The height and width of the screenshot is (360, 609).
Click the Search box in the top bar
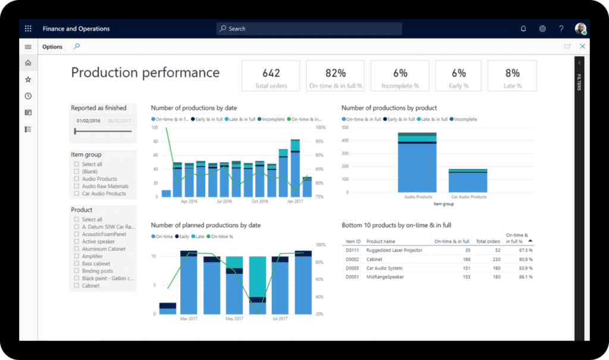tap(309, 29)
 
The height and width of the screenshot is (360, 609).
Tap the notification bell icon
tap(523, 29)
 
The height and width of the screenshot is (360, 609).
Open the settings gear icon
tap(542, 29)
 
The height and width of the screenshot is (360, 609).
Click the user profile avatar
tap(580, 29)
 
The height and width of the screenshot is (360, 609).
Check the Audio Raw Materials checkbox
tap(77, 186)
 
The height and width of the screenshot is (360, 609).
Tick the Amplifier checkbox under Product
tap(77, 256)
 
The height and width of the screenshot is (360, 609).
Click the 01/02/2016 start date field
tap(88, 121)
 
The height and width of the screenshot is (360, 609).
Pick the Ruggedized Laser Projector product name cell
tap(394, 251)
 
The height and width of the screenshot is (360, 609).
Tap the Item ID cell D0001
tap(353, 277)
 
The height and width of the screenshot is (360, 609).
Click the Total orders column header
tap(488, 241)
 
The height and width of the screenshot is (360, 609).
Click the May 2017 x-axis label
tap(234, 319)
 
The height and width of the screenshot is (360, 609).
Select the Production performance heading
tap(145, 73)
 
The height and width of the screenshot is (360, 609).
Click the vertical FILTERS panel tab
tap(580, 83)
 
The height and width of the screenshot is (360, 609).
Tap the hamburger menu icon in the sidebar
tap(28, 47)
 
